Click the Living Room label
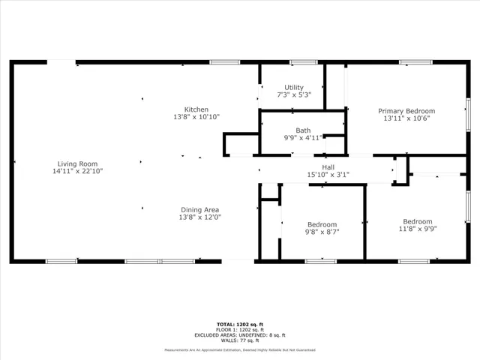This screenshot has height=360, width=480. (77, 163)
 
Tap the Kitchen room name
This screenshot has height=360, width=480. (196, 109)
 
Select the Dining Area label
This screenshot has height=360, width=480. (199, 209)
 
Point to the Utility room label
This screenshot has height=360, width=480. (293, 88)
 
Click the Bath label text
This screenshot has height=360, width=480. (303, 130)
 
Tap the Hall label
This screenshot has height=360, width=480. (328, 167)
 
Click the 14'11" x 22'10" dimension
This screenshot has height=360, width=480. (77, 171)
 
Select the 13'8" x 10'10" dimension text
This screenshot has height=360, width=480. (196, 117)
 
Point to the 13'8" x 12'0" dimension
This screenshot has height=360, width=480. (199, 217)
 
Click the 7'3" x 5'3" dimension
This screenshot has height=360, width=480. (293, 95)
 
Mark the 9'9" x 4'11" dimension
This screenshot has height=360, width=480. (303, 137)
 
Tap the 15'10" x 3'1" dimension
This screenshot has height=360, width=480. (328, 175)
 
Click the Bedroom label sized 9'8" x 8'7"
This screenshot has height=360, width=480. (322, 224)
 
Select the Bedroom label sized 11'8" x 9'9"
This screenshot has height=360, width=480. (418, 221)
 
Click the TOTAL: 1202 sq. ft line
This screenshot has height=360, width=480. (240, 324)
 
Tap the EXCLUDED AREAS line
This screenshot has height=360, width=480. (240, 334)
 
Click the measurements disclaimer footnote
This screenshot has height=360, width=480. (240, 349)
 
